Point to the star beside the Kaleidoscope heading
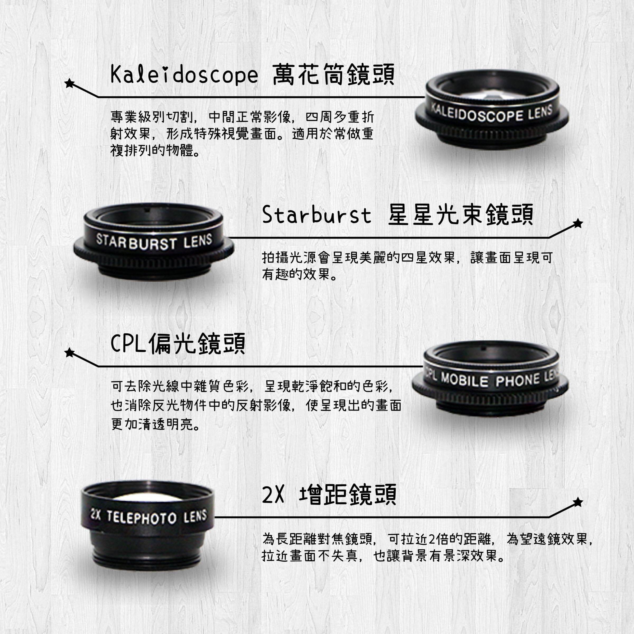(69, 83)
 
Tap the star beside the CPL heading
(69, 352)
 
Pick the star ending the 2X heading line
(577, 502)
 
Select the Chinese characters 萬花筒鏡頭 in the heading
(333, 75)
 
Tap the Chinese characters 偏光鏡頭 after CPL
(197, 344)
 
